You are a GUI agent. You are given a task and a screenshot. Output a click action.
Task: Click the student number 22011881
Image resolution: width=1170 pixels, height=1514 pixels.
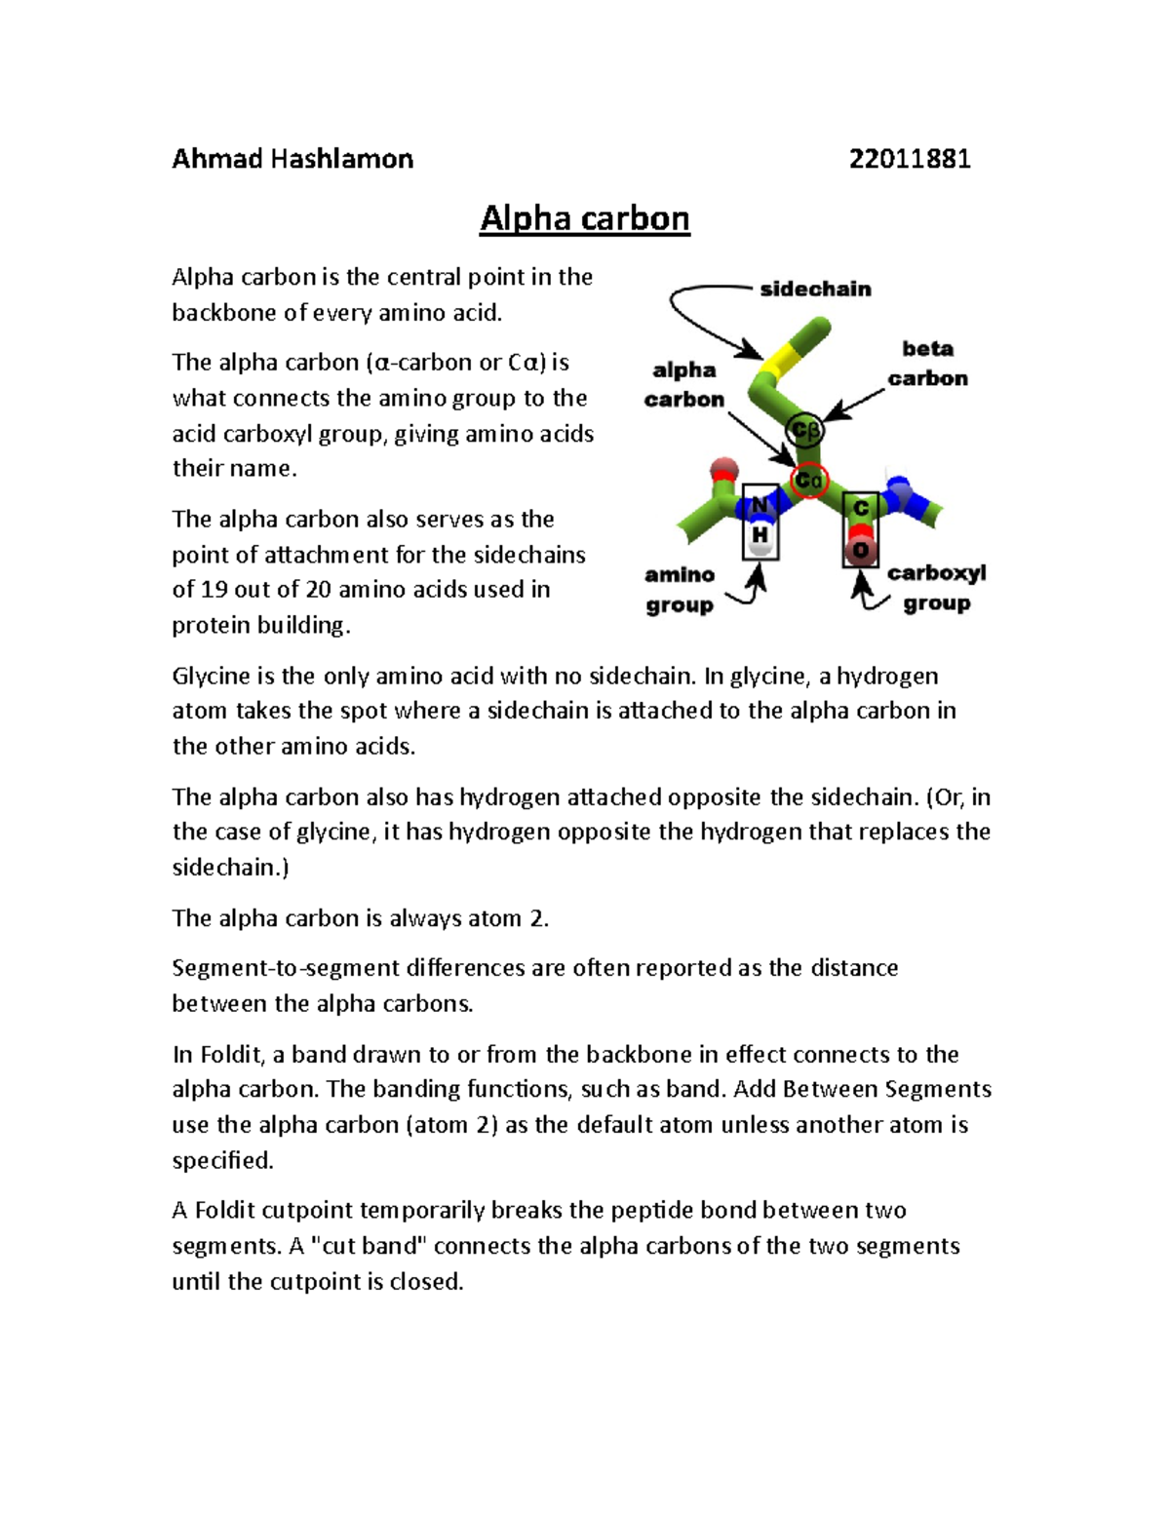pos(909,159)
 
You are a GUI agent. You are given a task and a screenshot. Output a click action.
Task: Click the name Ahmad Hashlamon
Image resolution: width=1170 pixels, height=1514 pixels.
pos(292,159)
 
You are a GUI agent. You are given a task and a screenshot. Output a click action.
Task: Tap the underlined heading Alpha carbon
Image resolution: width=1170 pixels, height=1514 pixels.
pos(584,218)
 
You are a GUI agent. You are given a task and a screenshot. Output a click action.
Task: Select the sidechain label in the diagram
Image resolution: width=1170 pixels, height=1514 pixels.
pos(815,289)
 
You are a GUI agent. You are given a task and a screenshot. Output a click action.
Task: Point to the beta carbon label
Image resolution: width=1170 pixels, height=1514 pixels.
pos(927,363)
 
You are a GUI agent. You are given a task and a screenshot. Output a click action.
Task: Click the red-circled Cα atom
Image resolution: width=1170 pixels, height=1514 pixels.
pos(809,481)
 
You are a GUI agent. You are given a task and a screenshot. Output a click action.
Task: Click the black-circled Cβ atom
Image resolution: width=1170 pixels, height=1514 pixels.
pos(805,430)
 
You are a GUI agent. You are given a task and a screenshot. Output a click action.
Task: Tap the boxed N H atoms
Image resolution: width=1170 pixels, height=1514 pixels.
pos(760,521)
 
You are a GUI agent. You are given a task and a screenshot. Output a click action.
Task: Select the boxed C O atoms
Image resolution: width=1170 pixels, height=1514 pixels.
pos(860,529)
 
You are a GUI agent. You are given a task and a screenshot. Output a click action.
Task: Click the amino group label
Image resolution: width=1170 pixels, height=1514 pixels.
pos(680,590)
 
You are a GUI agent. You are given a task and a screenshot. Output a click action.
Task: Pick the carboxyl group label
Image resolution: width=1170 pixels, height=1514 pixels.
pos(936,588)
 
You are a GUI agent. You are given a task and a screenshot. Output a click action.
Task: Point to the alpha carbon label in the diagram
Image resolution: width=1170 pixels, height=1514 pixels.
pos(683,384)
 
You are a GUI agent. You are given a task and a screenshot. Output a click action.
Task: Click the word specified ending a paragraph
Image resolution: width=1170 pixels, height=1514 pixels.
pos(222,1160)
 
